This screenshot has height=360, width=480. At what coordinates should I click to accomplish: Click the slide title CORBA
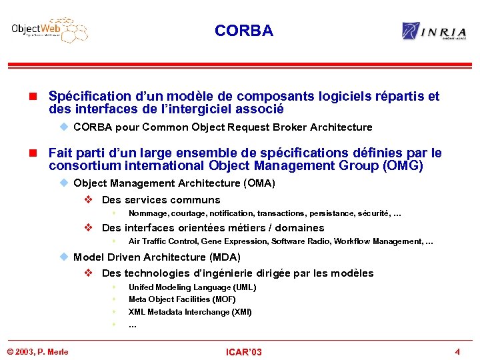(x=244, y=31)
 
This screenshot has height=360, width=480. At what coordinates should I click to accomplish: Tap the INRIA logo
(x=434, y=31)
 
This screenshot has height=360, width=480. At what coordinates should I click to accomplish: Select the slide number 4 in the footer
(x=457, y=351)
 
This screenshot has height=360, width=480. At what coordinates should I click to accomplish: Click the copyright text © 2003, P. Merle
(x=37, y=352)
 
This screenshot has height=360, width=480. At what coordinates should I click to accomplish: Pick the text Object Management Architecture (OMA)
(x=174, y=183)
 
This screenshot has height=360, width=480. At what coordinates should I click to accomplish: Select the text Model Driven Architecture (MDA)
(x=157, y=257)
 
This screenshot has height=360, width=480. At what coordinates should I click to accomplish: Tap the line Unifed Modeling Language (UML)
(x=192, y=287)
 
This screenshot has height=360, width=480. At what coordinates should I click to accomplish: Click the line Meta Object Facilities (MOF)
(x=182, y=299)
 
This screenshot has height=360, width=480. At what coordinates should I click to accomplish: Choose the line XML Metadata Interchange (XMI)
(x=190, y=312)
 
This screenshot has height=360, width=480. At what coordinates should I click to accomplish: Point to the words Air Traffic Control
(x=163, y=241)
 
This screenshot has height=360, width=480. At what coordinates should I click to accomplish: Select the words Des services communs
(x=161, y=200)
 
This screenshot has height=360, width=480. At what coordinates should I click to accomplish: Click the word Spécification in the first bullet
(x=88, y=96)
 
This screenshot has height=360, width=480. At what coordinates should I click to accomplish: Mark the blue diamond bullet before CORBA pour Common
(x=64, y=127)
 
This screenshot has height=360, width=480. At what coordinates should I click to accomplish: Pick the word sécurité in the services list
(x=375, y=213)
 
